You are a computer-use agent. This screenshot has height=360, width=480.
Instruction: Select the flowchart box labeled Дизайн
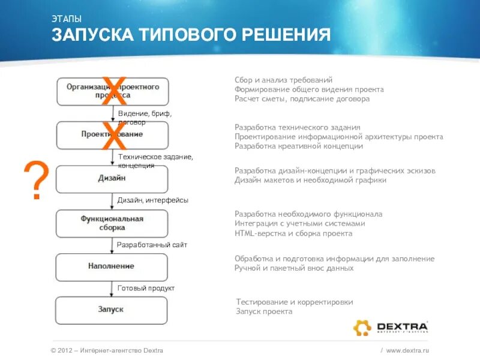click(112, 179)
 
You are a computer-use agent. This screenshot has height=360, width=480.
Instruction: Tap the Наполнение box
click(112, 266)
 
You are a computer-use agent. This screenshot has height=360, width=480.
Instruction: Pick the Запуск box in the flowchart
click(112, 310)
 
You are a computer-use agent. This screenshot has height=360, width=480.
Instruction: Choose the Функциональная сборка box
click(112, 223)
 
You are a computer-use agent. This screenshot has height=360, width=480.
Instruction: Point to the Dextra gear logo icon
click(362, 328)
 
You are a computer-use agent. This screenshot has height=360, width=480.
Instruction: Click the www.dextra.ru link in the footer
click(408, 350)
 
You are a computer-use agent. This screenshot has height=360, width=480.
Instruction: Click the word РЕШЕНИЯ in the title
click(286, 35)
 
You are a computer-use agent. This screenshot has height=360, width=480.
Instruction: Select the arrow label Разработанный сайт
click(152, 245)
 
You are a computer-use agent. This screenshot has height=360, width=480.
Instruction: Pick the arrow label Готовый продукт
click(146, 288)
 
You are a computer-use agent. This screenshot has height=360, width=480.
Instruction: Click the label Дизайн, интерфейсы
click(152, 200)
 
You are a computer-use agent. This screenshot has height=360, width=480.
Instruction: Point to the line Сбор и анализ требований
click(283, 80)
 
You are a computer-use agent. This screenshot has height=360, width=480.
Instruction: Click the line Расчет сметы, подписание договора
click(302, 99)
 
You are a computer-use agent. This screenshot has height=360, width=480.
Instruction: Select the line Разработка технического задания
click(297, 127)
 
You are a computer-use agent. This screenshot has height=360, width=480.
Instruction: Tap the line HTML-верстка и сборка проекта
click(293, 233)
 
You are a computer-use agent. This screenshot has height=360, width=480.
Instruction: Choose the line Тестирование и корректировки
click(295, 302)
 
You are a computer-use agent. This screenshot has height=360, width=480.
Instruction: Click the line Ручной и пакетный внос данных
click(294, 268)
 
